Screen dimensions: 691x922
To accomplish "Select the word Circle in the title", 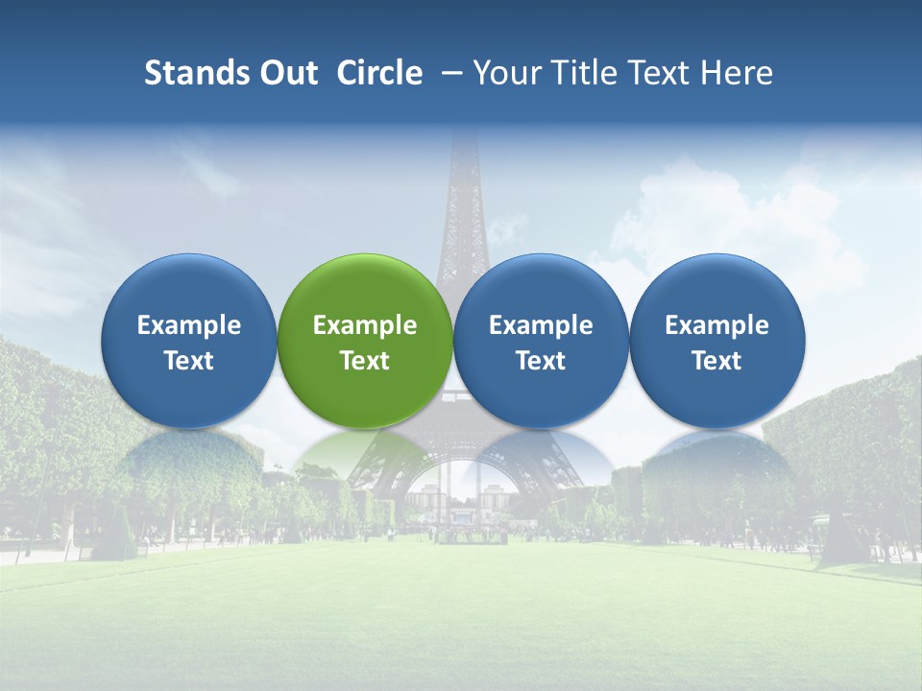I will (379, 73).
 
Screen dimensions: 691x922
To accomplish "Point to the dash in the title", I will (450, 73).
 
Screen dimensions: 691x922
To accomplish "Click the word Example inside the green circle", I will (365, 325).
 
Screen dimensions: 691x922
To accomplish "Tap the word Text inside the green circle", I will (365, 361).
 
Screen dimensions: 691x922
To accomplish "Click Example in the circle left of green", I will (189, 325).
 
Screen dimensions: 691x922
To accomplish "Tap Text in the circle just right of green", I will (541, 361).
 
